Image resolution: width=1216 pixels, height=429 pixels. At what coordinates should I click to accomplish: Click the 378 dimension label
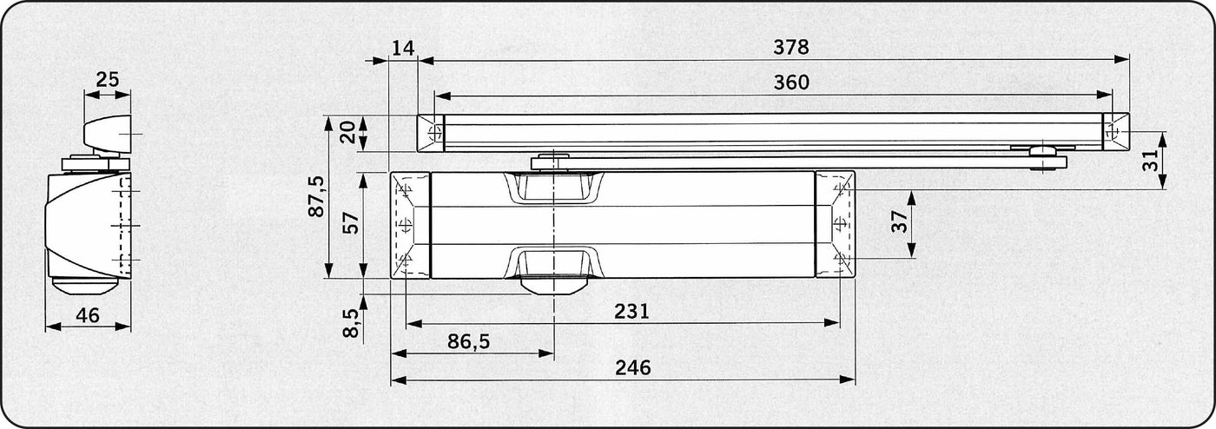(x=791, y=47)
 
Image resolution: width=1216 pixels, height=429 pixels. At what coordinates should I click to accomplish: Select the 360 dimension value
(x=791, y=82)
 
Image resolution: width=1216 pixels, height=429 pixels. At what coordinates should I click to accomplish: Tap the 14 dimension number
(x=403, y=49)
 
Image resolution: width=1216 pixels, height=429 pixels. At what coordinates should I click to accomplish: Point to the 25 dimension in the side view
(x=107, y=80)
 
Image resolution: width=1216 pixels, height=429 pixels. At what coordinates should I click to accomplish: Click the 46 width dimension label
(x=88, y=315)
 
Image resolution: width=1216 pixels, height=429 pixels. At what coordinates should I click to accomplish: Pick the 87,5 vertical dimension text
(x=316, y=196)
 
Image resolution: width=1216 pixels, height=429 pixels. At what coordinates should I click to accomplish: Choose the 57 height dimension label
(x=352, y=222)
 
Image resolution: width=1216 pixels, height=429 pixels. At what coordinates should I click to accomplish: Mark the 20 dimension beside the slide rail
(x=347, y=132)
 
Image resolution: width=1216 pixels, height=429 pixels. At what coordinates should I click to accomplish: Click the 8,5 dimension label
(x=352, y=322)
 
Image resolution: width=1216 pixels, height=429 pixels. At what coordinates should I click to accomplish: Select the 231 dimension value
(x=631, y=311)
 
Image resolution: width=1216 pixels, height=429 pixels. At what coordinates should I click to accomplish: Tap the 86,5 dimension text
(x=468, y=341)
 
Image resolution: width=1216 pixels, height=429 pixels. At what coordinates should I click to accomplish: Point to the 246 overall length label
(x=632, y=367)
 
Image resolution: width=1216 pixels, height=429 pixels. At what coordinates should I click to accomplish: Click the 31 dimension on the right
(x=1150, y=161)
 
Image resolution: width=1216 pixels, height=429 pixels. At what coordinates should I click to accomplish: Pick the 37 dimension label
(x=900, y=221)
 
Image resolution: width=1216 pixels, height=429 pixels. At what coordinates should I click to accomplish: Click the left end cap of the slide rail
(x=431, y=133)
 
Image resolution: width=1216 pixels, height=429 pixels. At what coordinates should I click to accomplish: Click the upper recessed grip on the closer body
(x=554, y=188)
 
